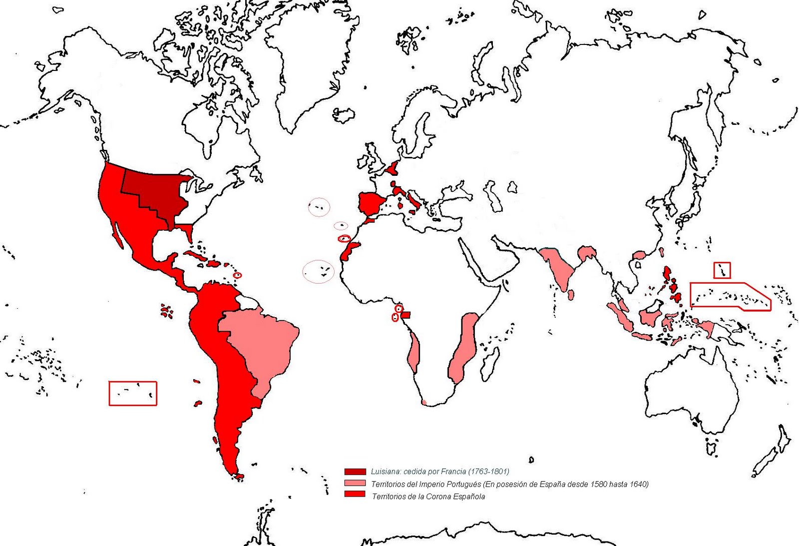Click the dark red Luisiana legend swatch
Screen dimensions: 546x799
(x=355, y=472)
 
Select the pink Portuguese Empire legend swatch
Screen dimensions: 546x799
(x=355, y=484)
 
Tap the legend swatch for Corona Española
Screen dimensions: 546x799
(x=355, y=494)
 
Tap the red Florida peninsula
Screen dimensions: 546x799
(x=188, y=232)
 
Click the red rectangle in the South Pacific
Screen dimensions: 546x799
(x=133, y=393)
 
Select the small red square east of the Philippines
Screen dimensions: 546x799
(x=722, y=270)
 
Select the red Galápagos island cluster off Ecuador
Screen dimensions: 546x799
(x=167, y=311)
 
